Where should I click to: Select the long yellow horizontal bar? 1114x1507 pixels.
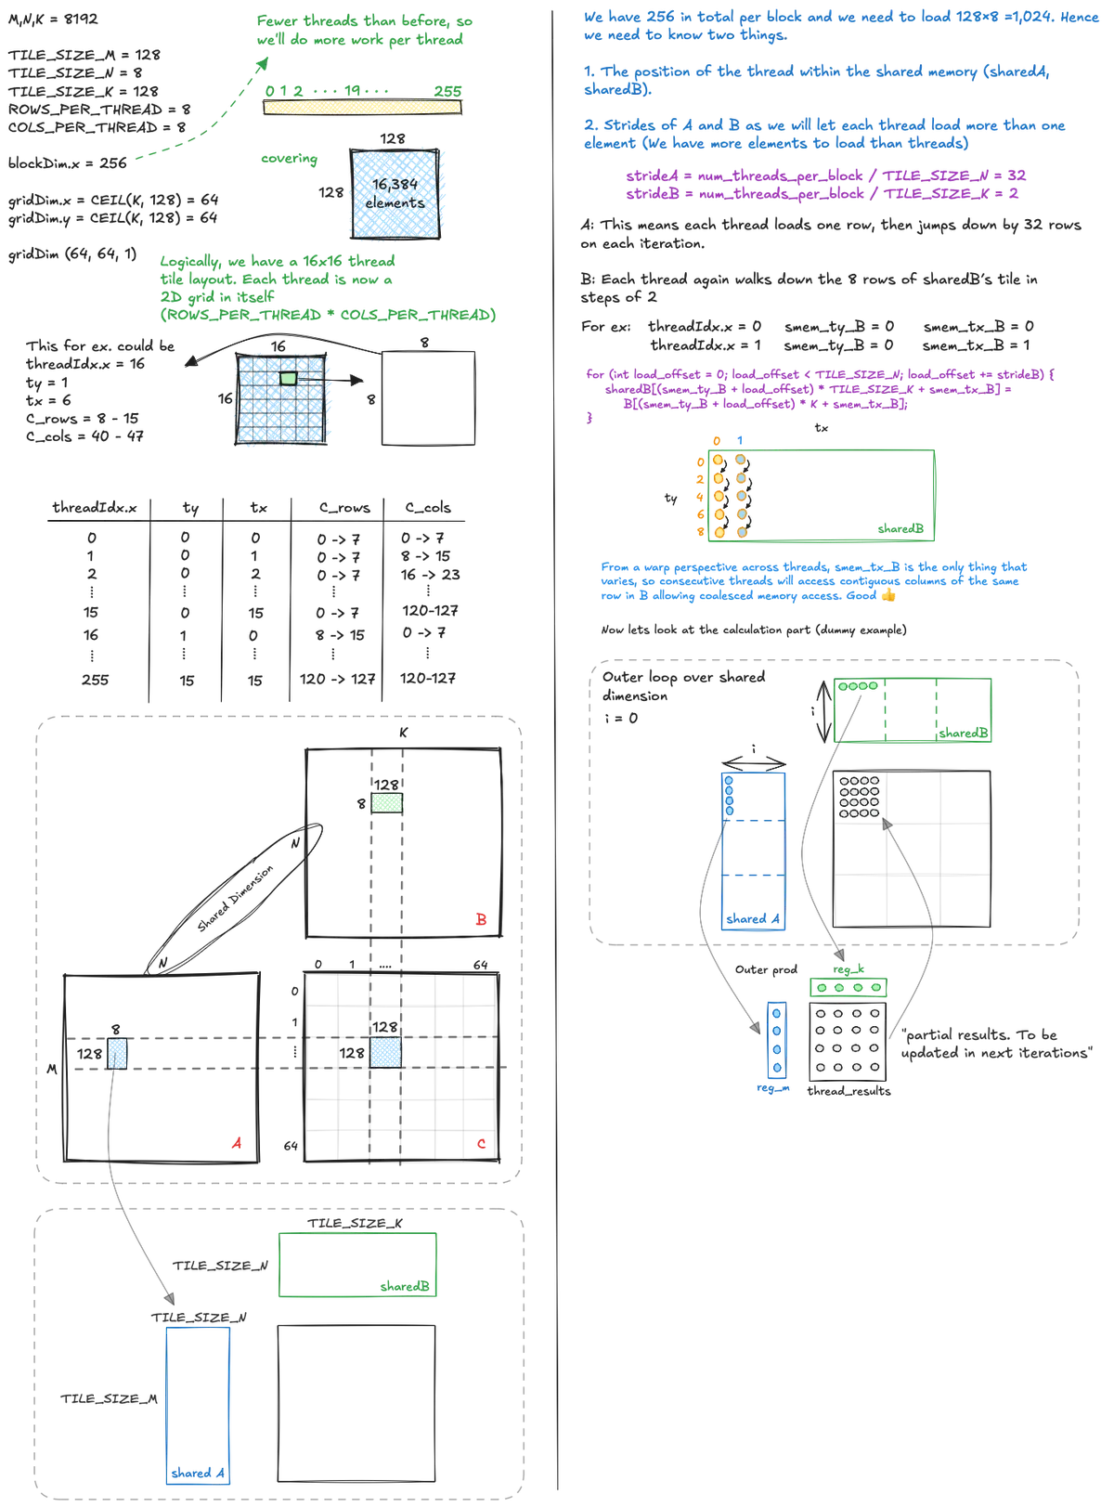click(362, 109)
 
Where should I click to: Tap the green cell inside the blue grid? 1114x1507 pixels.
click(289, 378)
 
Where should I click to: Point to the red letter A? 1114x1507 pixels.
click(238, 1142)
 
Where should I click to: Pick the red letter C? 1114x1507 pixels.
click(481, 1144)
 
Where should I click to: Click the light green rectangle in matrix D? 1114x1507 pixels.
click(385, 803)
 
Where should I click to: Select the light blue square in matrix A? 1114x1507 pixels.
click(116, 1054)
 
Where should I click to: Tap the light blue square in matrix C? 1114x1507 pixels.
click(385, 1052)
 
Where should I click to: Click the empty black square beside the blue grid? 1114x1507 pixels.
click(430, 397)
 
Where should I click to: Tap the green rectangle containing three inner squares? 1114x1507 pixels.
click(914, 710)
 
